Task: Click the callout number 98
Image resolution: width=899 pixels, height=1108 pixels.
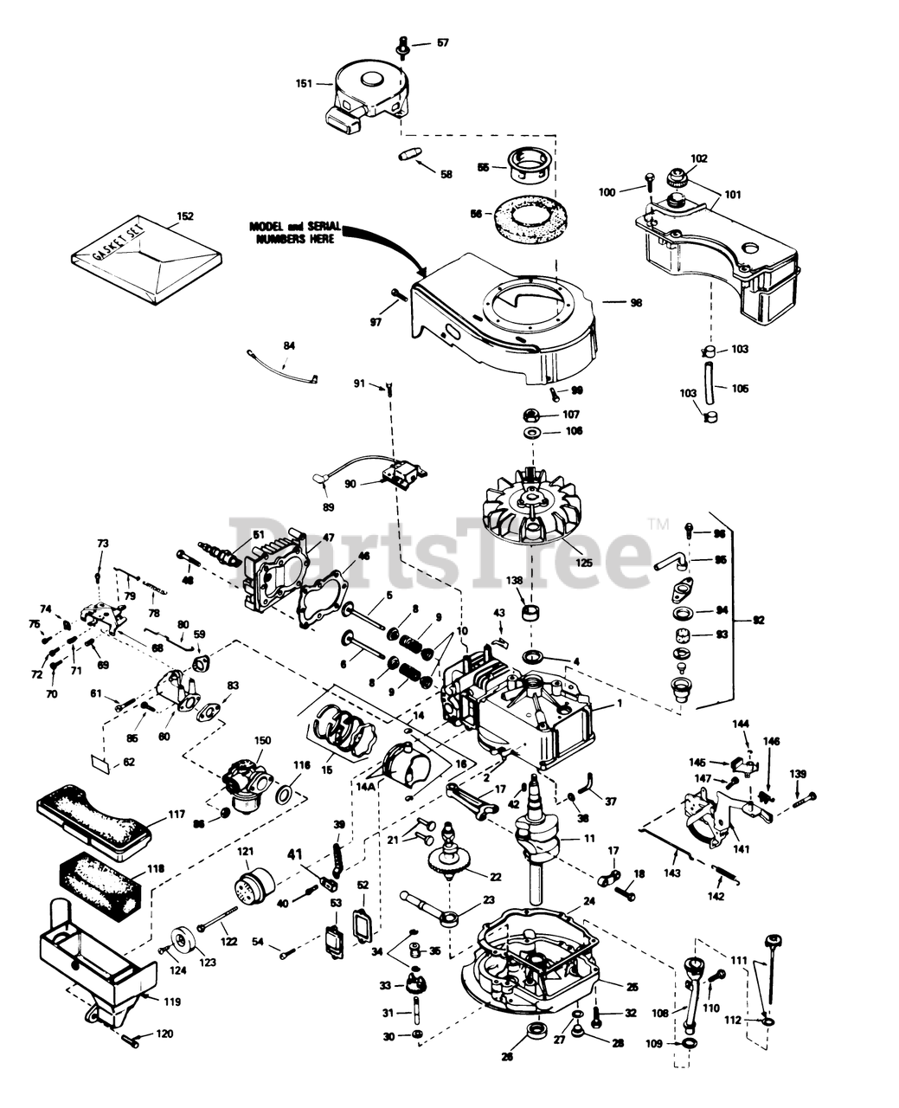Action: click(636, 303)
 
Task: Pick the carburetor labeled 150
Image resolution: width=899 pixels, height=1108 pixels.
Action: click(247, 784)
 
